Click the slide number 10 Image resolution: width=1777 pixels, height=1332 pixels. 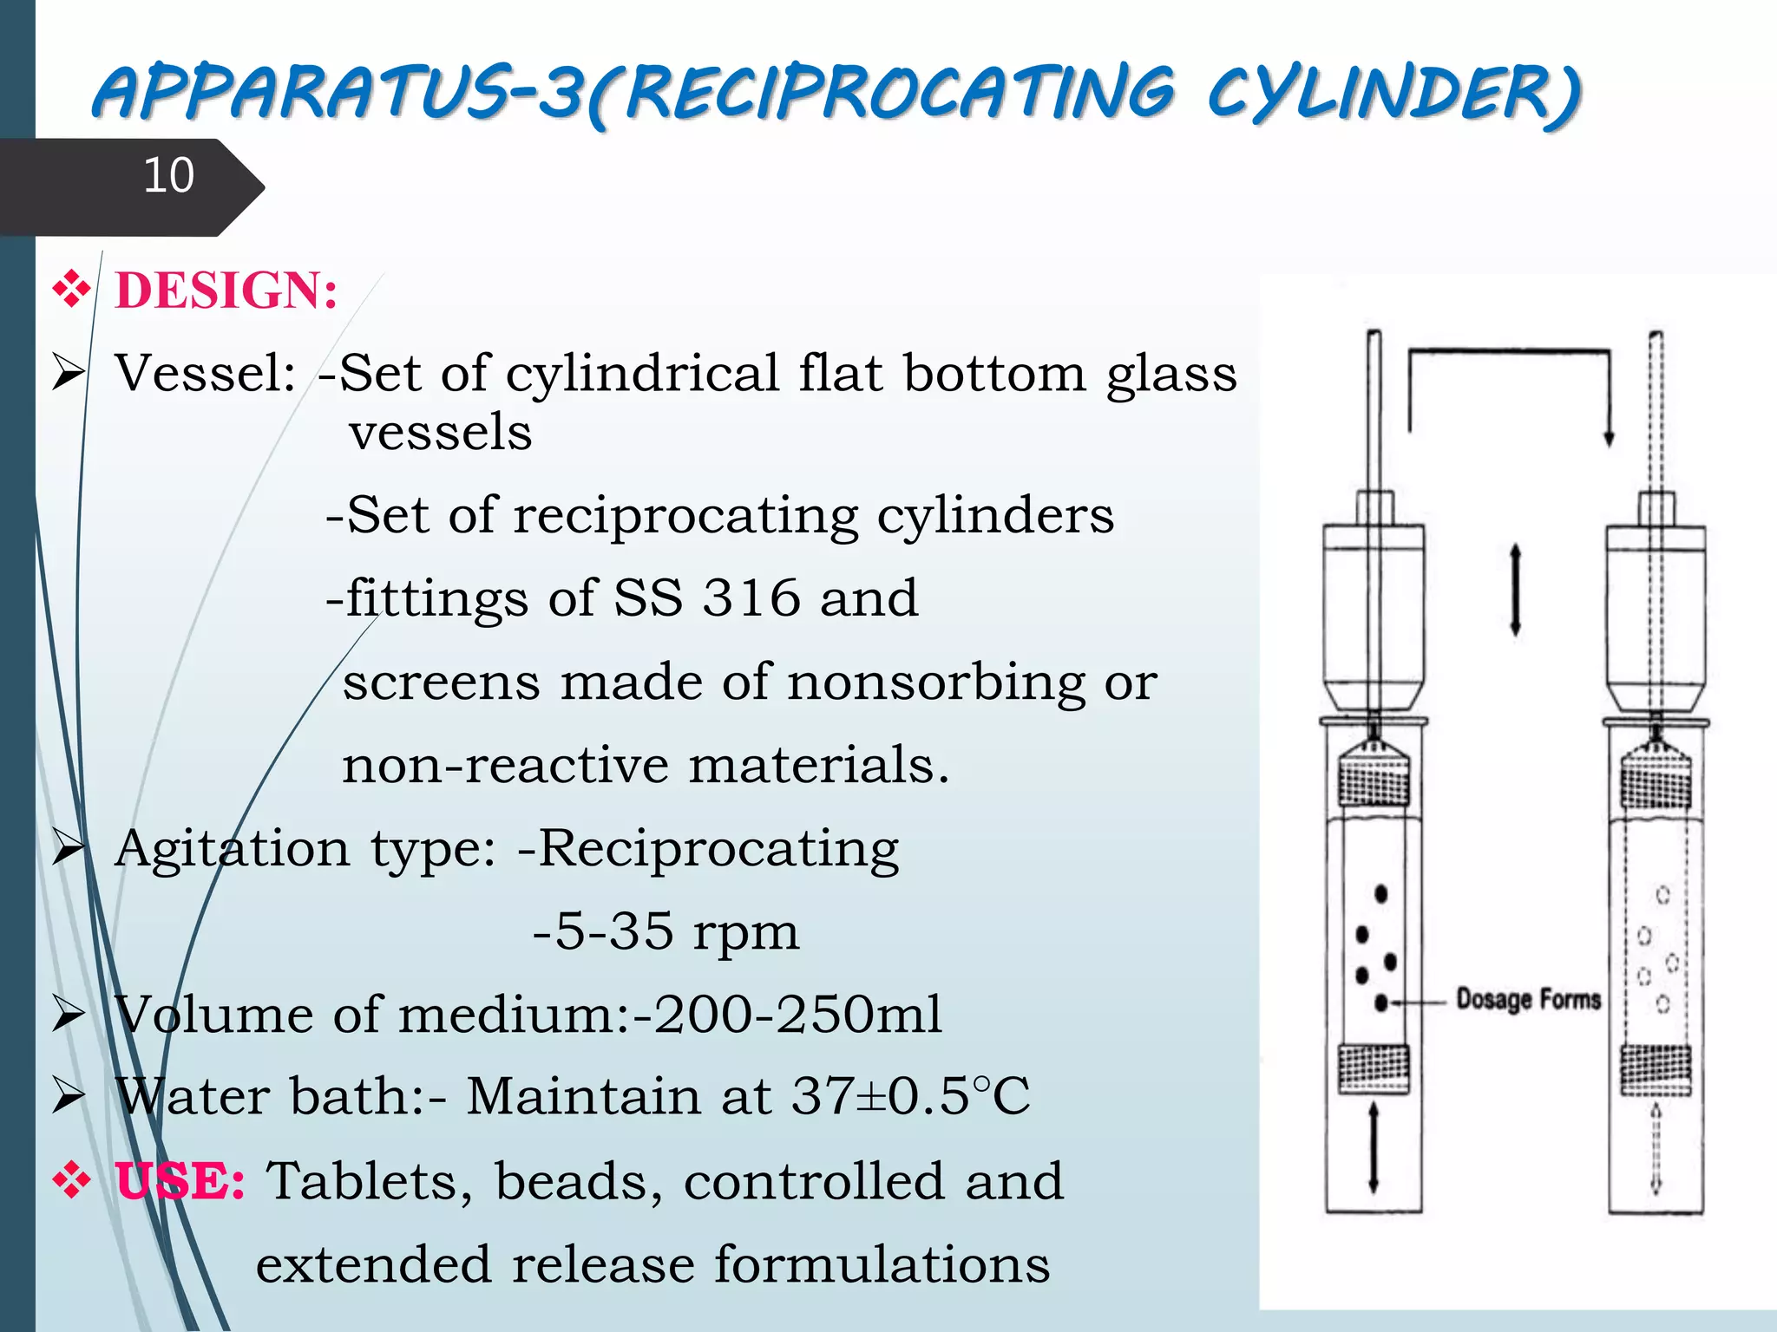[x=168, y=175]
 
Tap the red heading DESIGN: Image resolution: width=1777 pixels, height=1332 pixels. [x=226, y=291]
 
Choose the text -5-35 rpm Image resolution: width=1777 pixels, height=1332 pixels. [x=666, y=932]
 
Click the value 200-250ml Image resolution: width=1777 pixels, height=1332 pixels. [x=797, y=1015]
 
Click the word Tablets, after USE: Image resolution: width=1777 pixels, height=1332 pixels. [x=370, y=1181]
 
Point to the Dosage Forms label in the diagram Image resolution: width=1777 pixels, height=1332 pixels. [x=1528, y=1000]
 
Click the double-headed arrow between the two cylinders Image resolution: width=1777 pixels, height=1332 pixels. [x=1515, y=590]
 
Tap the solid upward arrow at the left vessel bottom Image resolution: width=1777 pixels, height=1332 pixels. [x=1373, y=1146]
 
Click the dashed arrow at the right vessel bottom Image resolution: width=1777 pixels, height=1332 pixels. [x=1656, y=1146]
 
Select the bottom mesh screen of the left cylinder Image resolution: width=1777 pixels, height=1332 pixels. [x=1374, y=1068]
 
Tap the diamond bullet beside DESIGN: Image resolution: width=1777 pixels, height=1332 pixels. [x=71, y=290]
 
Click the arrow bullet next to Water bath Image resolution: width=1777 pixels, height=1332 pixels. [x=68, y=1095]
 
